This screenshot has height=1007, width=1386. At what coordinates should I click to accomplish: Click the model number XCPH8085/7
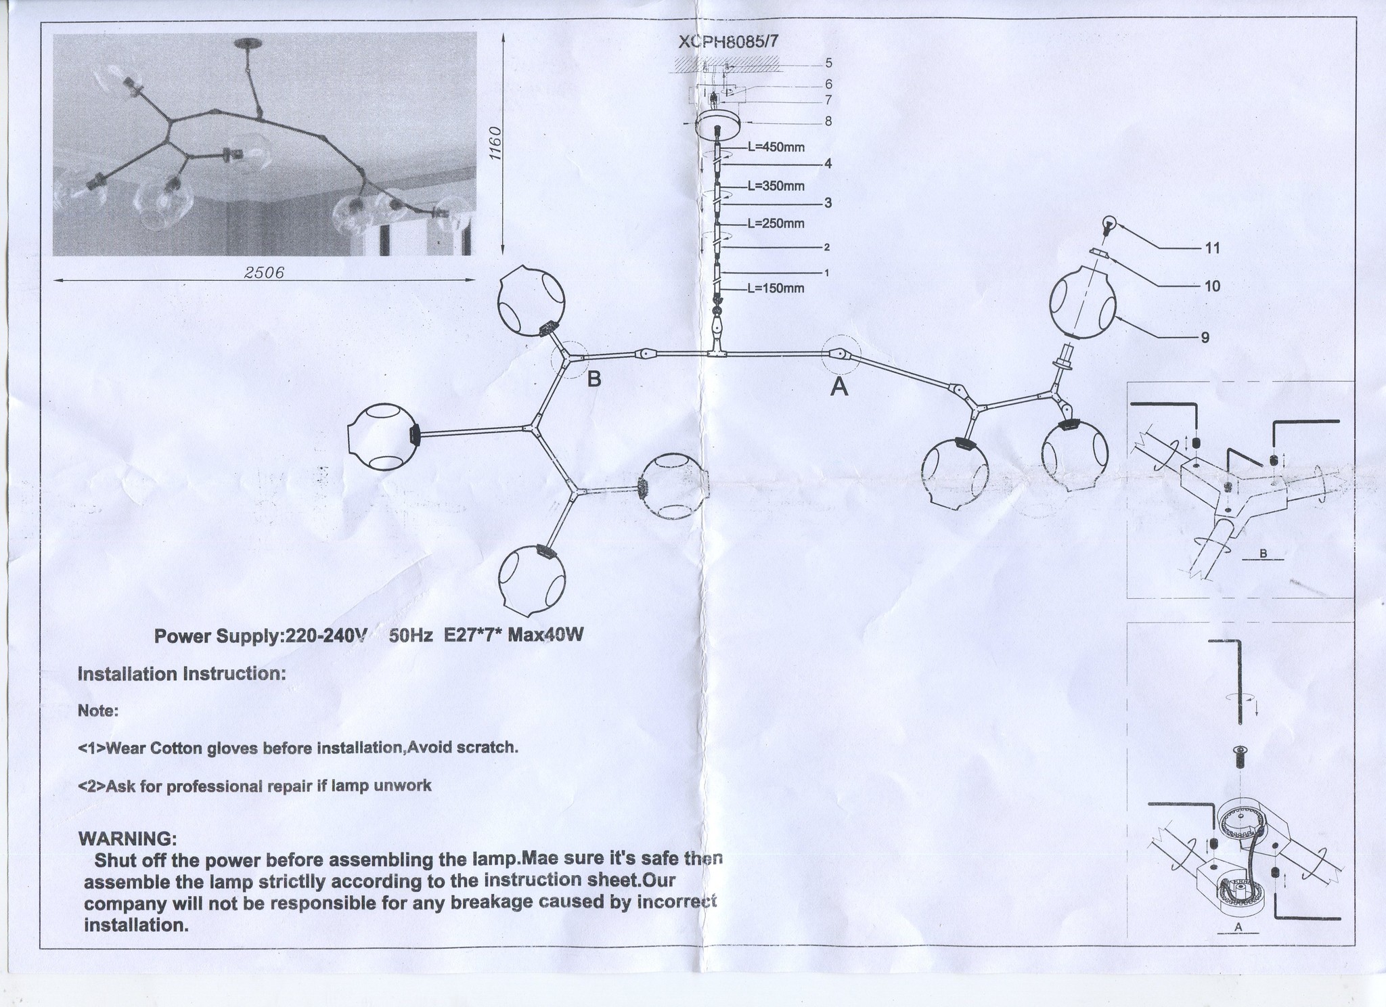coord(729,41)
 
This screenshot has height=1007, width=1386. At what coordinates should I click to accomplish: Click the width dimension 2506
coord(264,272)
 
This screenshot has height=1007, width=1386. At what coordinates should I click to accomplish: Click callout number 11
coord(1212,248)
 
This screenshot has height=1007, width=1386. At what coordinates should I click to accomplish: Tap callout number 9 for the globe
coord(1205,337)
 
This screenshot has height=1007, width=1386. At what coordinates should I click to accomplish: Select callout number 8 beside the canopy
coord(828,122)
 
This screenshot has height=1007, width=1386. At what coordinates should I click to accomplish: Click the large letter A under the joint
coord(839,387)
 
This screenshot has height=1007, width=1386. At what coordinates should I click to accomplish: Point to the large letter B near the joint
coord(594,379)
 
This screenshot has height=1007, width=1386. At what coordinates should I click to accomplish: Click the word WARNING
coord(128,838)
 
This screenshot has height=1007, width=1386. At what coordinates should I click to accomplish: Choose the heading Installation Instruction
coord(182,674)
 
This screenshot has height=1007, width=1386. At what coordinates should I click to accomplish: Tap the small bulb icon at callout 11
coord(1107,223)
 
